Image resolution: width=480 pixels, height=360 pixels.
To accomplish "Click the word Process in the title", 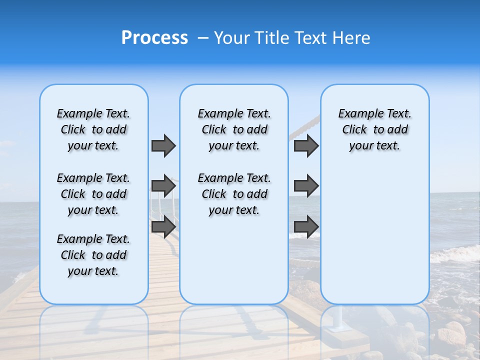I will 154,38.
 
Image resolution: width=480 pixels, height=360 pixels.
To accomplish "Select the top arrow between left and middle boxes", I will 163,145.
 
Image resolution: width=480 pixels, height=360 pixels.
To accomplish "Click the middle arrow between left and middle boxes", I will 163,186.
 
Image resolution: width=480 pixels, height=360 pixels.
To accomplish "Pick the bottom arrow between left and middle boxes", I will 163,227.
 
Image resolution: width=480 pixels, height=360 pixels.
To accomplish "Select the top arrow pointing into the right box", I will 306,145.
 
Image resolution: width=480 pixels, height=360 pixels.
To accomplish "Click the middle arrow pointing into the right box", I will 306,186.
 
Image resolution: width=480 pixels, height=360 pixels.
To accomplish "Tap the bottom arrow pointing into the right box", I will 306,227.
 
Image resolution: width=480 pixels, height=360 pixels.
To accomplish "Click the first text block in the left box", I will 93,129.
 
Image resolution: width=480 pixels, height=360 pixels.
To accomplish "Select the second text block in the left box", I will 93,194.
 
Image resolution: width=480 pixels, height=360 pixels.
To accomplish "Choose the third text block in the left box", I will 93,255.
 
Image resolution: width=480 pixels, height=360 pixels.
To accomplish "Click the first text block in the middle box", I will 234,129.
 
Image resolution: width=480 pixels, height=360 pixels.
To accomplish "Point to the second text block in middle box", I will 234,194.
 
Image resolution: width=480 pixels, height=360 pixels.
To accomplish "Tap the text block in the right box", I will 374,129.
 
